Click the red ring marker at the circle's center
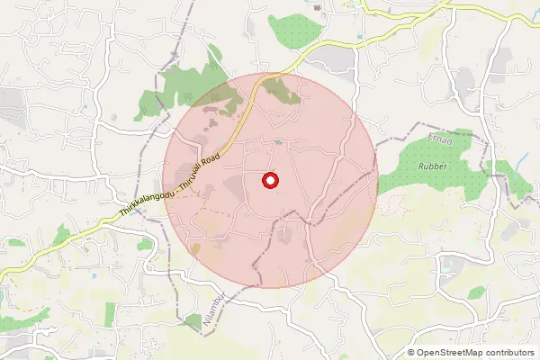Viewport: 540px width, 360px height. pyautogui.click(x=270, y=180)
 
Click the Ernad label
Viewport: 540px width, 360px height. pyautogui.click(x=438, y=140)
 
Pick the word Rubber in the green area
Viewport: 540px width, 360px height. pyautogui.click(x=432, y=166)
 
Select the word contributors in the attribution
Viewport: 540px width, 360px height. pyautogui.click(x=509, y=352)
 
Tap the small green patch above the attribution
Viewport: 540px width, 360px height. pyautogui.click(x=475, y=292)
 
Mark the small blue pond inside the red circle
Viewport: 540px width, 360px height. pyautogui.click(x=280, y=141)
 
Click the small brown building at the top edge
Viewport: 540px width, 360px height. pyautogui.click(x=318, y=4)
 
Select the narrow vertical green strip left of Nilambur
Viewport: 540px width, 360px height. pyautogui.click(x=110, y=314)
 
